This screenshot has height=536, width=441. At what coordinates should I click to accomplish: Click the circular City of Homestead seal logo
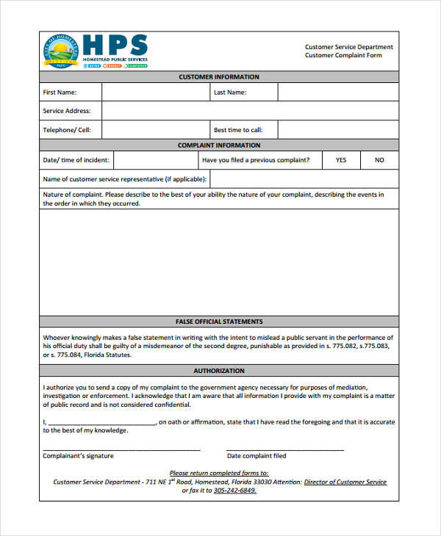click(x=62, y=52)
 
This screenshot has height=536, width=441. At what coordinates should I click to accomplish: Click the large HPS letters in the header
click(x=115, y=45)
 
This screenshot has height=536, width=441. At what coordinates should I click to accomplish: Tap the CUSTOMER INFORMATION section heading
click(x=219, y=77)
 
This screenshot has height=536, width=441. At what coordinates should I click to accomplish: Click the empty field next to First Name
click(x=154, y=93)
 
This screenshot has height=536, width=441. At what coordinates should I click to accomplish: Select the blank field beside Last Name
click(x=338, y=93)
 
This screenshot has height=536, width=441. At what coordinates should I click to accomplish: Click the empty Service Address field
click(x=250, y=111)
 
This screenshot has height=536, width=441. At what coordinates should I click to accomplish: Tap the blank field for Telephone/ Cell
click(x=154, y=130)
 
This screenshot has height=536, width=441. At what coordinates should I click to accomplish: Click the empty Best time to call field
click(x=338, y=130)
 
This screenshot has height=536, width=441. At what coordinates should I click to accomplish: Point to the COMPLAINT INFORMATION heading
click(x=219, y=145)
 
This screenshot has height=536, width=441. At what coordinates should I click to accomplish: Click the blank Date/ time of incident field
click(x=154, y=160)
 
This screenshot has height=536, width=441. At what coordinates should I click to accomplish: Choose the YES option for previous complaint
click(x=341, y=160)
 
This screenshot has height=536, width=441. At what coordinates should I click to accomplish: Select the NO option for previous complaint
click(x=379, y=160)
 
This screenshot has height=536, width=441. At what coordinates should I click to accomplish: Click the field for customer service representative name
click(x=304, y=179)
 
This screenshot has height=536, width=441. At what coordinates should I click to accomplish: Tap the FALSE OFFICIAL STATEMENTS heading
click(x=219, y=322)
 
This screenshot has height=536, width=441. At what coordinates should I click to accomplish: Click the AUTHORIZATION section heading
click(x=219, y=371)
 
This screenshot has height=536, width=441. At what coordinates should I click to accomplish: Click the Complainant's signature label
click(x=78, y=456)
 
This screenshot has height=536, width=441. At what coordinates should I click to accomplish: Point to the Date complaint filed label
click(x=257, y=456)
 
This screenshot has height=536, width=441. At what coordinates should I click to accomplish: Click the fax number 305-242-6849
click(x=234, y=490)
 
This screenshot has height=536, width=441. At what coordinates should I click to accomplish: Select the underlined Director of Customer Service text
click(x=345, y=482)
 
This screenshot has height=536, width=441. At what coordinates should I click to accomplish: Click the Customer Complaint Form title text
click(x=343, y=56)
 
